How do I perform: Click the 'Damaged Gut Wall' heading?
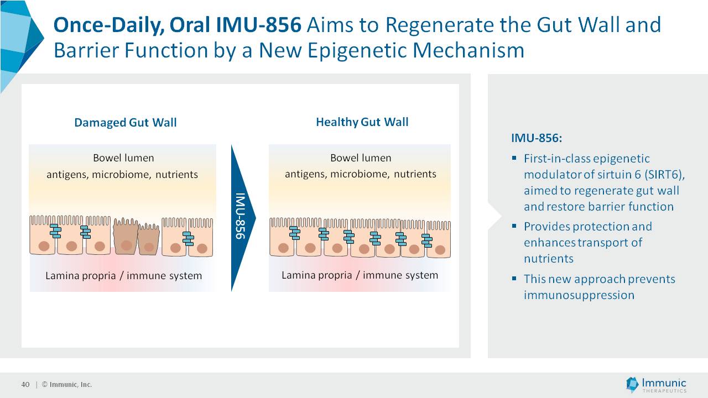[126, 122]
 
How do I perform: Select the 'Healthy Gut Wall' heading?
[362, 122]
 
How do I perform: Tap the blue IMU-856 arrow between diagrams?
[242, 217]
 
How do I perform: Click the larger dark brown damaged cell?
[126, 237]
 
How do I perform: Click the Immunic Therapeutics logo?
[656, 385]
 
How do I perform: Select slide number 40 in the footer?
[25, 385]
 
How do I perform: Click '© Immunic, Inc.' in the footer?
[67, 385]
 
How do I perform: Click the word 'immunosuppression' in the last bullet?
[579, 295]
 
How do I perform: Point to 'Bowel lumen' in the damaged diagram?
[123, 158]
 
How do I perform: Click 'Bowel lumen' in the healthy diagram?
[361, 158]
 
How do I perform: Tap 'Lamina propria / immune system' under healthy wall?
[360, 275]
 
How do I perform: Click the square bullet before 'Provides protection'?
[514, 226]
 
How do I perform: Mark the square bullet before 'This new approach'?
[514, 279]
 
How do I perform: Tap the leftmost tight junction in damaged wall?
[55, 231]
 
